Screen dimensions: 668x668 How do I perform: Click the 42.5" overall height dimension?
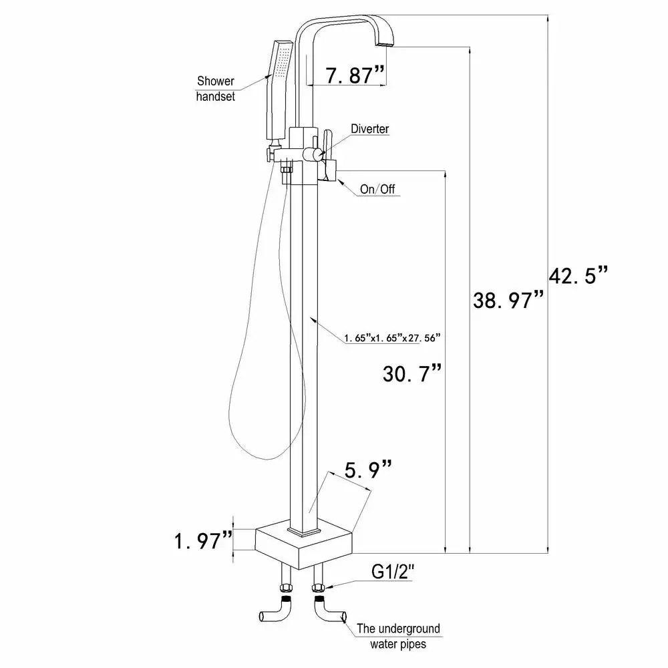click(x=578, y=276)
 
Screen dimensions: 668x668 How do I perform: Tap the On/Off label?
click(x=377, y=189)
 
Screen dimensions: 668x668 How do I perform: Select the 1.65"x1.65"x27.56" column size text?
click(x=393, y=338)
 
